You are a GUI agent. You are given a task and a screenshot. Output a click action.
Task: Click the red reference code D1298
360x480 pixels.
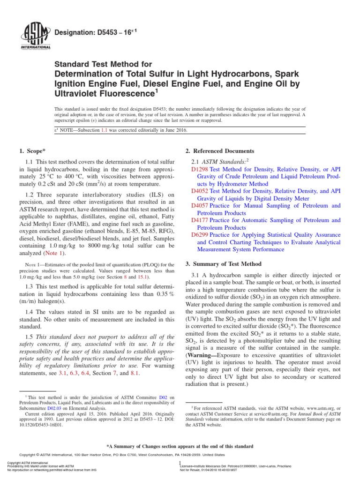pyautogui.click(x=200, y=170)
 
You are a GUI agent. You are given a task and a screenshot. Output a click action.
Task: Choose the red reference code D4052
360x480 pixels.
pyautogui.click(x=200, y=191)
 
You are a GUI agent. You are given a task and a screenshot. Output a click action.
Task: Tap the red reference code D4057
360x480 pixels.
pyautogui.click(x=200, y=206)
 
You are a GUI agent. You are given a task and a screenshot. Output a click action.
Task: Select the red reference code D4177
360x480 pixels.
pyautogui.click(x=200, y=220)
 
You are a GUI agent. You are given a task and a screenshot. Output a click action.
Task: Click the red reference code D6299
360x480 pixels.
pyautogui.click(x=200, y=235)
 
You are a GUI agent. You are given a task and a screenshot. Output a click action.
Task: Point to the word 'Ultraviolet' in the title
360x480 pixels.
pyautogui.click(x=78, y=92)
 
